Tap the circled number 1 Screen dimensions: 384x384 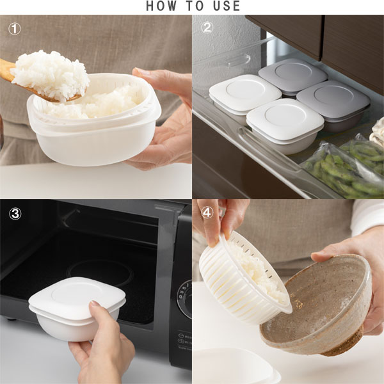click(15, 29)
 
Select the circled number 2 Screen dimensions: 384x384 click(207, 28)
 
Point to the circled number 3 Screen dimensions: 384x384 click(15, 214)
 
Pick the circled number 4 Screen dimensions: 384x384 click(207, 212)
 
